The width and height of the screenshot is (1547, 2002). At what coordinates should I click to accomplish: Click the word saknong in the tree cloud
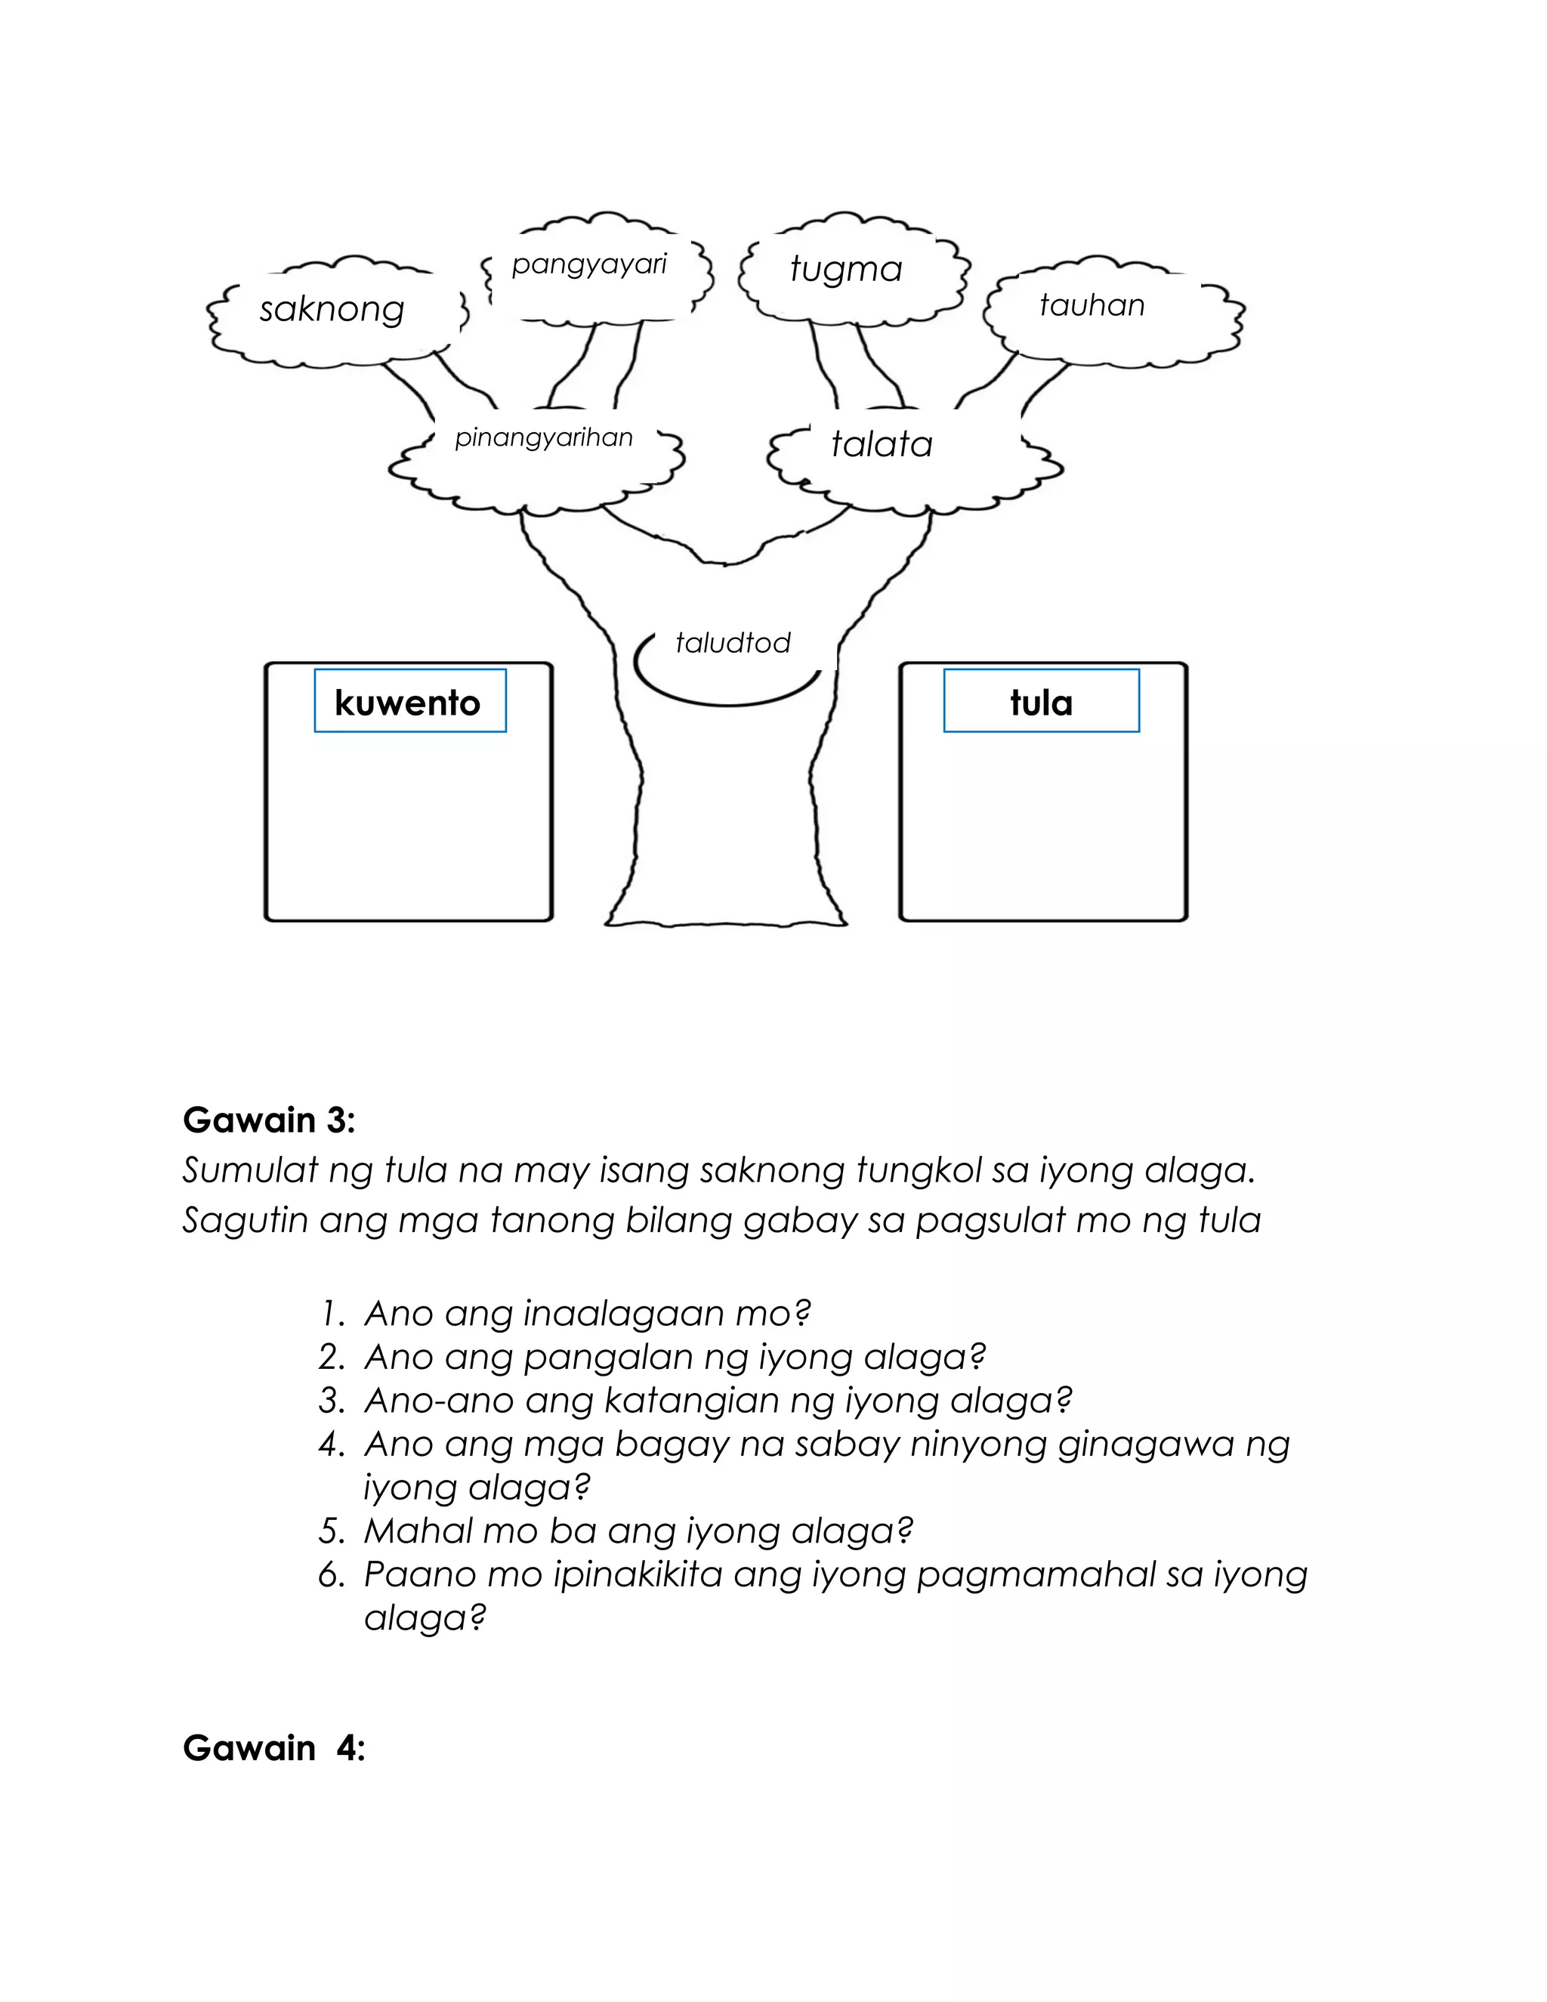point(332,310)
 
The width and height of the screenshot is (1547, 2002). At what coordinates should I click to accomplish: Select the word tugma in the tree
point(846,270)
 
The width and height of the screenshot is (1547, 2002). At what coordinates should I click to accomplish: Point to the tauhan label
point(1092,305)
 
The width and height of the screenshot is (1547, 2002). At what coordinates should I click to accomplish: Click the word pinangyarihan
point(543,438)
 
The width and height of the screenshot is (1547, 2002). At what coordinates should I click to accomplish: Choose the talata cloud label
point(882,444)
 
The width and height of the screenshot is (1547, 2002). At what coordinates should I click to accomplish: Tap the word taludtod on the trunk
point(732,643)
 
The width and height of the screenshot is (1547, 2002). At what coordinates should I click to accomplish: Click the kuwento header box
point(409,702)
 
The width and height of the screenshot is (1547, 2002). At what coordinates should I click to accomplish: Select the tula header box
point(1041,702)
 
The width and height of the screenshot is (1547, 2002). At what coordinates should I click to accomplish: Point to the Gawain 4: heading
point(274,1749)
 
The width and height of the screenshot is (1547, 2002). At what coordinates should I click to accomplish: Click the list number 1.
point(332,1315)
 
